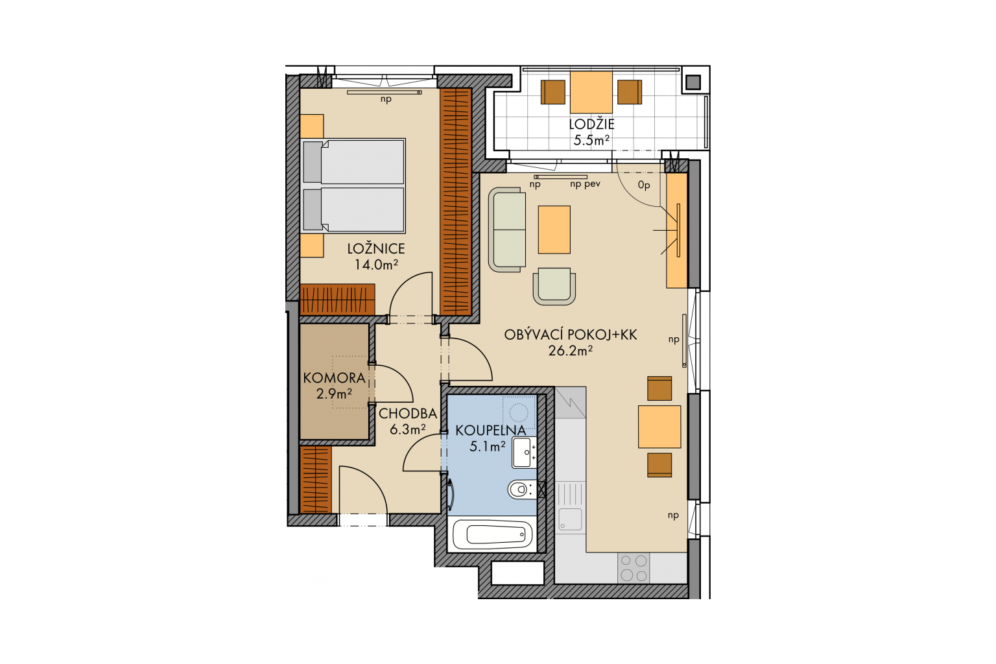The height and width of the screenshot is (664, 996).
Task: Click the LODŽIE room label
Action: point(591,124)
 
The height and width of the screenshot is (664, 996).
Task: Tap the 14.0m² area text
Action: point(375,265)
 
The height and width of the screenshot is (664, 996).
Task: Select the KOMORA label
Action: point(335,378)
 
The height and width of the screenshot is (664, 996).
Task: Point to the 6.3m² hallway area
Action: point(408,430)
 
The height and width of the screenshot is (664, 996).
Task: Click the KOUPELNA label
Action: point(491,431)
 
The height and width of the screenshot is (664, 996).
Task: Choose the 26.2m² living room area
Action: point(571,351)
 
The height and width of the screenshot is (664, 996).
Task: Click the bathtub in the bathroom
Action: point(492,535)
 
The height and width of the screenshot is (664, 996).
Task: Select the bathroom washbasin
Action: point(524,453)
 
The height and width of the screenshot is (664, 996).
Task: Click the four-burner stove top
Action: point(634,568)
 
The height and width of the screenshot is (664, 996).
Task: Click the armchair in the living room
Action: point(554,286)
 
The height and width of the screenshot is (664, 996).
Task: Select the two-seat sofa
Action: point(507,230)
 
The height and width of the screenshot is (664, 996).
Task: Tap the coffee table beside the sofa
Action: point(554,230)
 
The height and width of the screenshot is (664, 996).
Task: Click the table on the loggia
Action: point(591,92)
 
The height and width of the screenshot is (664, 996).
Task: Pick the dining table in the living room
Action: point(659,427)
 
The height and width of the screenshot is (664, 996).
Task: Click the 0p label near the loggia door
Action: point(644,185)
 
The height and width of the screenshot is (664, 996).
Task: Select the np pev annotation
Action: point(585,184)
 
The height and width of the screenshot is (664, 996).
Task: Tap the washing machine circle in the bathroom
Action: point(518,412)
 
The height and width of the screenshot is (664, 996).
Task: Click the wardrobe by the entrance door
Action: point(316,479)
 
